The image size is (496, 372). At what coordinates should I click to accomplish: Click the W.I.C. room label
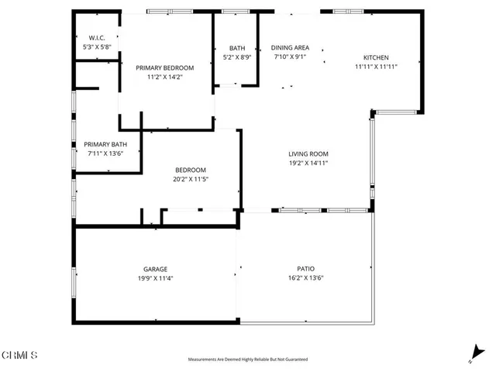click(x=97, y=38)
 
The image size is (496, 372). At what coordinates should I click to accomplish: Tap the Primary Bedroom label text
click(x=164, y=67)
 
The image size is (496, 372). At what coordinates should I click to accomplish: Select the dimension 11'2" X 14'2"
click(x=164, y=77)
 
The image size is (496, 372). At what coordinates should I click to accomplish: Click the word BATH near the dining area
click(x=237, y=48)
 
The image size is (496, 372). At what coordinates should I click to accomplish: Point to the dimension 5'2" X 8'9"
click(x=237, y=57)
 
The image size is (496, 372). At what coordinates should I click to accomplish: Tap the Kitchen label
click(x=377, y=57)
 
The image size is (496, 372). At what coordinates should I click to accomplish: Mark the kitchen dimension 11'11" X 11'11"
click(x=377, y=67)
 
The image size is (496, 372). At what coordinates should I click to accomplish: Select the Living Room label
click(x=308, y=153)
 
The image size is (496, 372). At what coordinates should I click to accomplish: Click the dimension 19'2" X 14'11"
click(x=308, y=163)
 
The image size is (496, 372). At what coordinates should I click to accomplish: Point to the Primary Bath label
click(x=105, y=144)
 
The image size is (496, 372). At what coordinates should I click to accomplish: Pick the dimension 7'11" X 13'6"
click(x=105, y=153)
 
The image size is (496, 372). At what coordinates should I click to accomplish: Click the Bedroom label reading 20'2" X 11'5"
click(x=191, y=179)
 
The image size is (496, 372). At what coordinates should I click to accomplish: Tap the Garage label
click(x=154, y=269)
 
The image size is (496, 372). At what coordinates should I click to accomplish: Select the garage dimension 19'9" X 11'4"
click(x=154, y=278)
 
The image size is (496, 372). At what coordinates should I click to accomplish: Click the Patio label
click(x=305, y=269)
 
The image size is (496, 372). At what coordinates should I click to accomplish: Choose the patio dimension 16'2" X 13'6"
click(x=305, y=278)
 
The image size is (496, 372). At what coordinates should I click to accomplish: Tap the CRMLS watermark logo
click(x=19, y=355)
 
